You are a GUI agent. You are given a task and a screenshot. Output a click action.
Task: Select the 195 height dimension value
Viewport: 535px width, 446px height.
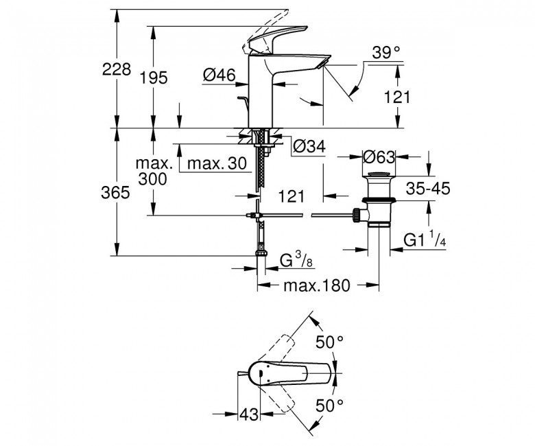click(154, 78)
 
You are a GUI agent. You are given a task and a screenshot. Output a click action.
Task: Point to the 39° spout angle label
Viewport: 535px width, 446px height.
click(385, 53)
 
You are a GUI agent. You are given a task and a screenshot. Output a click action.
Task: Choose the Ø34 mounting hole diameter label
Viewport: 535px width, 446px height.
click(308, 146)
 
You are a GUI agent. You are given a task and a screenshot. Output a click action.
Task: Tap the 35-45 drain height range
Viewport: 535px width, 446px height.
click(426, 189)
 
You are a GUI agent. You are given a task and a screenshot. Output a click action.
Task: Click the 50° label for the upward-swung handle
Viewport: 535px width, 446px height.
click(329, 341)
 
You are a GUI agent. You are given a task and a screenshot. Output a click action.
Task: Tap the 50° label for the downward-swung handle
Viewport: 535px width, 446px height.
click(329, 405)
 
